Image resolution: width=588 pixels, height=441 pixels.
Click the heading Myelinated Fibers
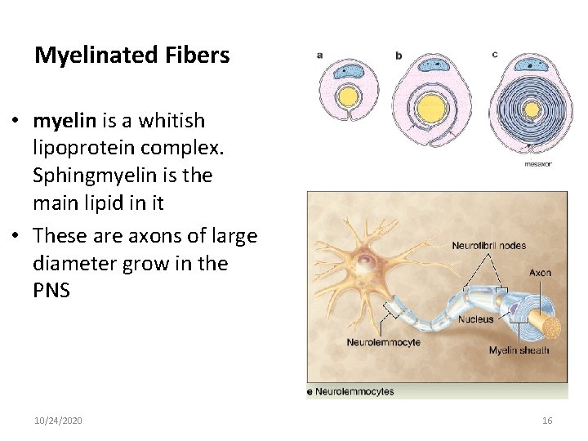(131, 56)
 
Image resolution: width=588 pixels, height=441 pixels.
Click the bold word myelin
(65, 121)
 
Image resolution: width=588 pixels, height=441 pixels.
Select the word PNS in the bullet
(51, 291)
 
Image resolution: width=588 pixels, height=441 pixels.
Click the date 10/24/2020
(58, 421)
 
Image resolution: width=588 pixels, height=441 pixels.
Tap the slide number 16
(547, 421)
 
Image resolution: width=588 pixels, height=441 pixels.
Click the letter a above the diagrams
(319, 55)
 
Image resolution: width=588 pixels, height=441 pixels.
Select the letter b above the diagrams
(399, 56)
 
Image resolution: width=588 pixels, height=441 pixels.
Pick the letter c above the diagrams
(495, 55)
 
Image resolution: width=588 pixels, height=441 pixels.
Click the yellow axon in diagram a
(349, 97)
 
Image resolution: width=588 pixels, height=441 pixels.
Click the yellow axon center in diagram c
(532, 109)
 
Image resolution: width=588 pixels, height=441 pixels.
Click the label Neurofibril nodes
(488, 245)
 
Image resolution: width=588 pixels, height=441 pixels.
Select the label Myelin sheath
(519, 350)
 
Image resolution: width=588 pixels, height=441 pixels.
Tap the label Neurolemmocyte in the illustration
(384, 342)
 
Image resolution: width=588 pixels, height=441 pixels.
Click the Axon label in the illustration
(540, 273)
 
